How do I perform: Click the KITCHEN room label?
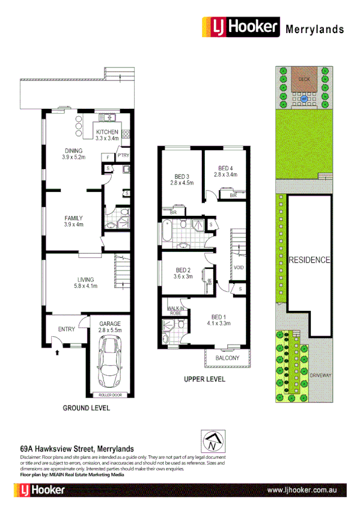pyautogui.click(x=108, y=132)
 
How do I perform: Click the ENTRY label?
pyautogui.click(x=66, y=329)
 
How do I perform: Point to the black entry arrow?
pyautogui.click(x=57, y=353)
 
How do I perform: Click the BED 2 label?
pyautogui.click(x=183, y=273)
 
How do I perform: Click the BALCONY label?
pyautogui.click(x=227, y=358)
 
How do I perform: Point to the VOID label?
pyautogui.click(x=239, y=267)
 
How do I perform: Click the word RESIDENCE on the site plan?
pyautogui.click(x=310, y=260)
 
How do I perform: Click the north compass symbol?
pyautogui.click(x=212, y=443)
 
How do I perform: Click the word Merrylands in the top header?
pyautogui.click(x=314, y=28)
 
